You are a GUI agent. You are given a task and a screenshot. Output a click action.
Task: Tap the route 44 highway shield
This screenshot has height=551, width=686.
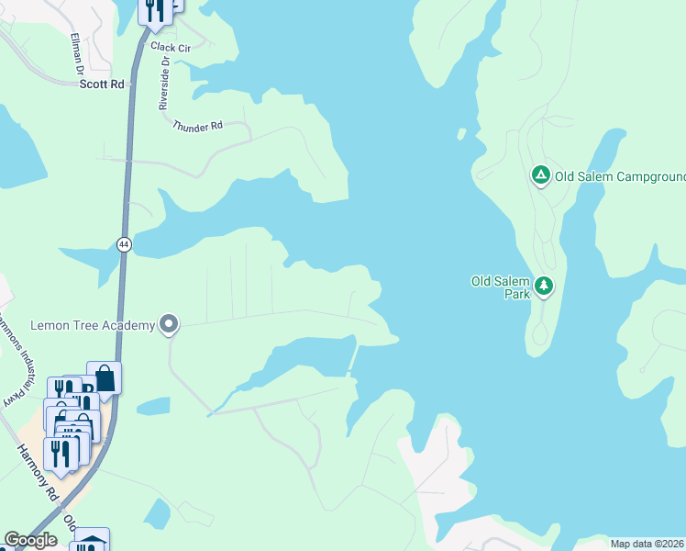124,244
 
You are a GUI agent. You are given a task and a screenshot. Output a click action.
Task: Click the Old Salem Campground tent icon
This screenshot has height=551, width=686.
541,174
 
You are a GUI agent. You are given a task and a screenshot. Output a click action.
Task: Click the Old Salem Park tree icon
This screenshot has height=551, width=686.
545,287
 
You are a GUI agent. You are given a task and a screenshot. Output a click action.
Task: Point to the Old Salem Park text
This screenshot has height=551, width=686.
502,287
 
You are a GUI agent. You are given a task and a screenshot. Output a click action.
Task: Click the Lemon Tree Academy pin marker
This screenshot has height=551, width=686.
169,323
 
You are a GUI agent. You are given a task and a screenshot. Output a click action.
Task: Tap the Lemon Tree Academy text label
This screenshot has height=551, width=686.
92,324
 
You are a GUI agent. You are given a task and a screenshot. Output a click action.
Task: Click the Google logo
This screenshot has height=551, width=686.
31,540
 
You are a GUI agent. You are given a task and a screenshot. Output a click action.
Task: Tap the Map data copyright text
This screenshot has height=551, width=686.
647,544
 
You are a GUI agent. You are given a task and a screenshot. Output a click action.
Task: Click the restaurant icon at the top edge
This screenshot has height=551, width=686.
155,9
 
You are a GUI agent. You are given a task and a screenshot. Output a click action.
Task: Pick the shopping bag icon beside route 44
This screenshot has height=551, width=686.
104,377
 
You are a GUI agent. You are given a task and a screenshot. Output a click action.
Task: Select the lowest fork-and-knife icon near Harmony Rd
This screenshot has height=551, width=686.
61,455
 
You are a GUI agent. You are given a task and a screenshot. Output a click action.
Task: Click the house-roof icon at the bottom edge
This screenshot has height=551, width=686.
92,542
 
